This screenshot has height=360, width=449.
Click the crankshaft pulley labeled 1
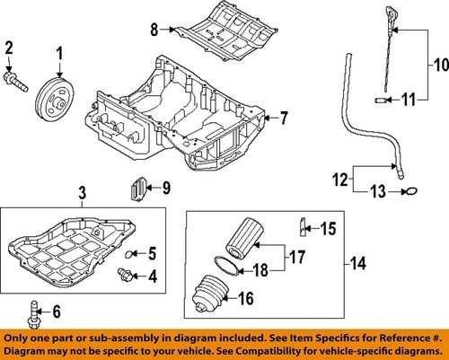pos(54,99)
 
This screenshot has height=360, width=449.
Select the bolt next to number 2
pos(15,82)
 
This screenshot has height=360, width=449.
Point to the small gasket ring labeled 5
pos(128,254)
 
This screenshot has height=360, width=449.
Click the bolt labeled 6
pos(33,314)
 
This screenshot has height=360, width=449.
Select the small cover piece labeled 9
pos(138,189)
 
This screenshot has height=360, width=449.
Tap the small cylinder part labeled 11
pos(381,100)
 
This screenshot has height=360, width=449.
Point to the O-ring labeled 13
pos(411,191)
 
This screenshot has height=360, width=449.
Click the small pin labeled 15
pos(303,227)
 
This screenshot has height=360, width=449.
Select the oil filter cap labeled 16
pos(209,294)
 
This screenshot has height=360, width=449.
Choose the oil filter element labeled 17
pos(244,238)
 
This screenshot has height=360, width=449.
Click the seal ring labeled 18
pos(227,266)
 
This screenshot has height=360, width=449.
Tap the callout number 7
pos(283,118)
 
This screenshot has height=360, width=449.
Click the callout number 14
pos(358,264)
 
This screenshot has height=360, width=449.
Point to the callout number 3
pos(83,192)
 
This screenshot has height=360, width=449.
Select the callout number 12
pos(340,180)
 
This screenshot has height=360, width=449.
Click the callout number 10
pos(441,65)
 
